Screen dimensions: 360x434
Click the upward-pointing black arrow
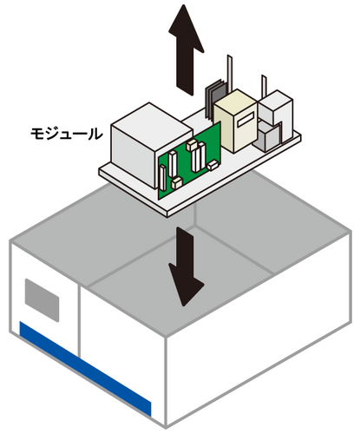186,49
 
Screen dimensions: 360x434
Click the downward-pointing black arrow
186,266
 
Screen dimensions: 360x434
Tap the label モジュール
67,135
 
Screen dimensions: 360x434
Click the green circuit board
189,162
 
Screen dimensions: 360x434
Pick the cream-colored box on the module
236,120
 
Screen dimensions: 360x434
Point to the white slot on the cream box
245,119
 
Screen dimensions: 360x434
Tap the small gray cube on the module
267,136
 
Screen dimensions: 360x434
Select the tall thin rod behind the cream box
230,72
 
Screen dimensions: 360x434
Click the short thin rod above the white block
264,86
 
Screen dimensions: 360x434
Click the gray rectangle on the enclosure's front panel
43,300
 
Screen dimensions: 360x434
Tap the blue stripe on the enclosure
85,369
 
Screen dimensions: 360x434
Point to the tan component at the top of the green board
192,145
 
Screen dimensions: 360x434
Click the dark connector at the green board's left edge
163,178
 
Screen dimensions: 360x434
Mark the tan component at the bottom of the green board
177,183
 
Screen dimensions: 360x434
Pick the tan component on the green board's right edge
213,165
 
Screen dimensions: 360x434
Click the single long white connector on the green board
173,164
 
